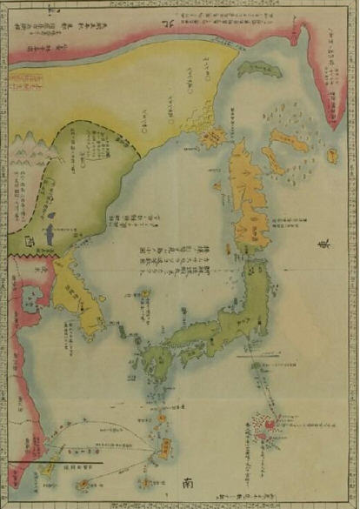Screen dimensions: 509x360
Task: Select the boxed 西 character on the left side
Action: pos(31,240)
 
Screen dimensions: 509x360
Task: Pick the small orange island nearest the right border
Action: pos(331,157)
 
